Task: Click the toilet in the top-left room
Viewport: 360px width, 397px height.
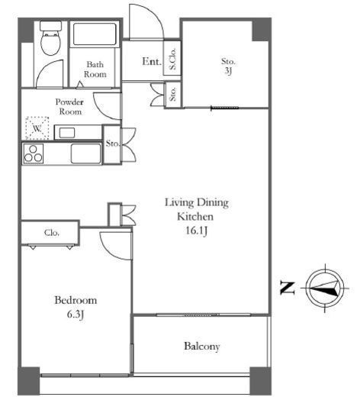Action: coord(51,38)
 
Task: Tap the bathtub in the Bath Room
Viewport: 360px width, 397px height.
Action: coord(95,34)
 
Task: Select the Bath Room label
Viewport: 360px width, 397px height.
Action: coord(95,69)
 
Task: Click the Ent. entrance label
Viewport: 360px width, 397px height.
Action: coord(152,61)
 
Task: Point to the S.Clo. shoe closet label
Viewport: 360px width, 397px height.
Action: coord(172,59)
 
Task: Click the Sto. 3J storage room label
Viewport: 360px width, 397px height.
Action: coord(228,66)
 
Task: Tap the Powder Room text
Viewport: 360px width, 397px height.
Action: coord(69,107)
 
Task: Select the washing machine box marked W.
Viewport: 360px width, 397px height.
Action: coord(37,128)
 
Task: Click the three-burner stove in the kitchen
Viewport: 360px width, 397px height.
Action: coord(33,153)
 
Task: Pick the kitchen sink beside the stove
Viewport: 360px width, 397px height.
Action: coord(86,153)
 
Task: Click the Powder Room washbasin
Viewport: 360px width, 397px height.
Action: coord(67,132)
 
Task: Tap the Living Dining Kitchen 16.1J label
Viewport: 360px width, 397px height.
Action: coord(197,217)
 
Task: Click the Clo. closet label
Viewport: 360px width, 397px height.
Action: coord(52,233)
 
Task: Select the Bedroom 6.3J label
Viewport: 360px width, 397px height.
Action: coord(76,307)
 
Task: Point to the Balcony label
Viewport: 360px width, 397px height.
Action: coord(202,347)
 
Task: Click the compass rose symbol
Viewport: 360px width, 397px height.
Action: coord(325,288)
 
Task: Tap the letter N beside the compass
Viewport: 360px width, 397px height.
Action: coord(288,288)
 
